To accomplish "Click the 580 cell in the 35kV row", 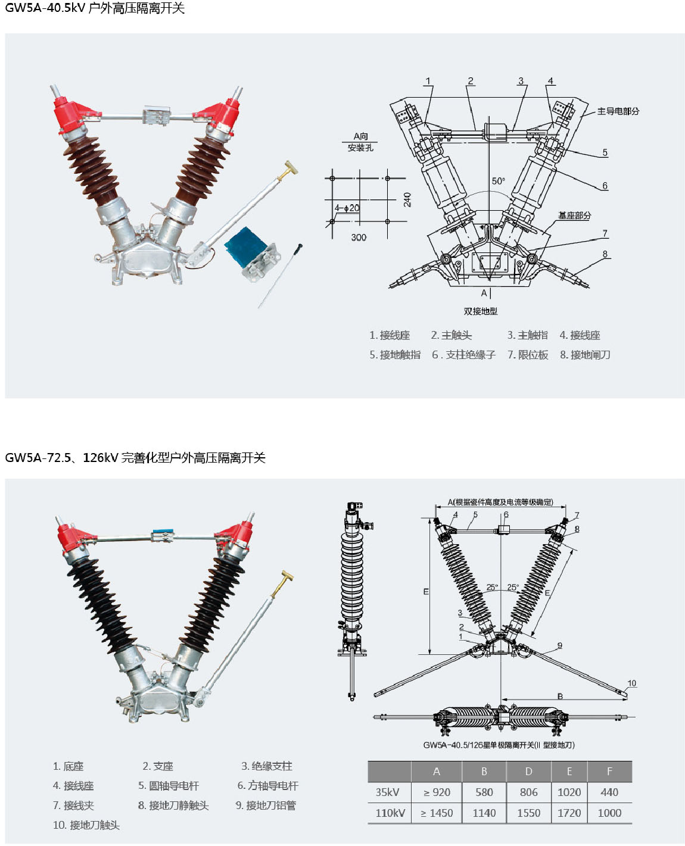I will coord(484,792).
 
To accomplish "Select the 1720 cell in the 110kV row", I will coord(569,813).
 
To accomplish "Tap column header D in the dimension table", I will coord(528,772).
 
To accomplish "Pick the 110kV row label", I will coord(390,813).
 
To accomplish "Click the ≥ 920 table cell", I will coord(437,792).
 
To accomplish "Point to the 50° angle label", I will coord(498,181).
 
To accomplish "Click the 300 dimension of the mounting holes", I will coord(359,237).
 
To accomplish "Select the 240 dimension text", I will coord(407,199).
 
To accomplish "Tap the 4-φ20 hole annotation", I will coord(347,208).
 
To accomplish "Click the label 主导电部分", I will coord(618,111).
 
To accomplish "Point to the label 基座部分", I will coord(574,215).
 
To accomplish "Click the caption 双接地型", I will coord(481,311).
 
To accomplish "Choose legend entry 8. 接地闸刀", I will coord(585,355).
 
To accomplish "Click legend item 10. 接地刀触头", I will coord(86,825).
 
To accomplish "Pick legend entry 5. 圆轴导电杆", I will coord(169,786).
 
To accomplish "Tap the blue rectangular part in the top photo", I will coord(245,246).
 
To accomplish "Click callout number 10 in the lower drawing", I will coord(631,683).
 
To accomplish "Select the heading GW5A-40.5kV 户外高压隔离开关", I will coord(95,8).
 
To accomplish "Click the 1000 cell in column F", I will coord(609,813).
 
